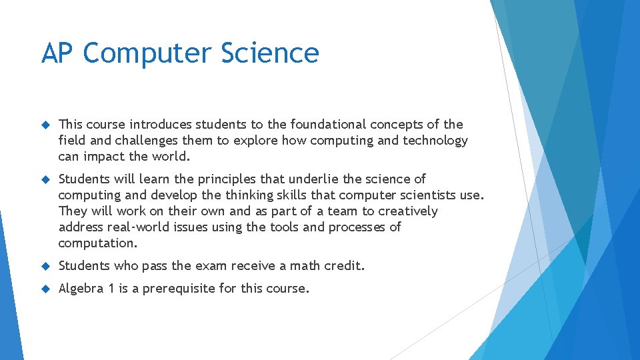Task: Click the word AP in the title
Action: click(55, 53)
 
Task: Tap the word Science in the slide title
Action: click(275, 53)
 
